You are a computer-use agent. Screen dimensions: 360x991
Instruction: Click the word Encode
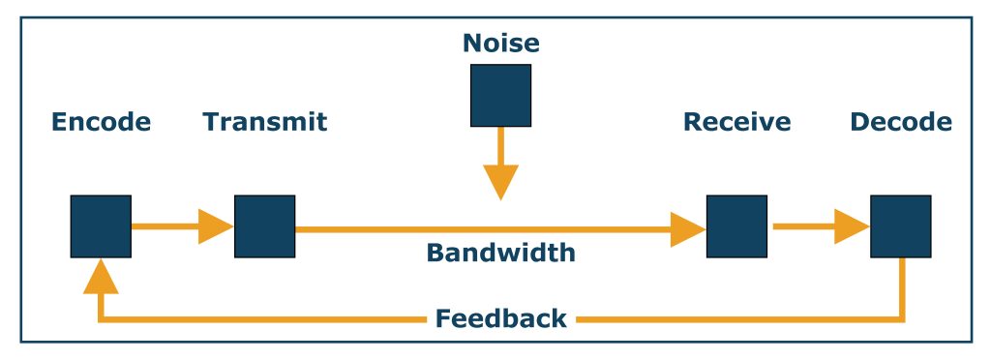click(x=101, y=122)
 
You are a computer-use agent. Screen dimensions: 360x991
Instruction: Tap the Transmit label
click(x=264, y=122)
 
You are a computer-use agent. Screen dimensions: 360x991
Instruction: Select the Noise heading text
click(x=500, y=44)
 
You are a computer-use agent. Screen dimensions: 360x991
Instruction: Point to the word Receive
click(x=736, y=122)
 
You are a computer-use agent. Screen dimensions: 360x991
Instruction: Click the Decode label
click(x=900, y=122)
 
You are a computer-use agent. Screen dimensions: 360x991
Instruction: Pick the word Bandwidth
click(x=500, y=254)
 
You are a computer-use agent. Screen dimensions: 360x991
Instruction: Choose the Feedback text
click(x=500, y=318)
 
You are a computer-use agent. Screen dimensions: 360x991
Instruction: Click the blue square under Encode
click(x=101, y=226)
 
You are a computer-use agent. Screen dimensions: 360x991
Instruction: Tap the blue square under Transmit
click(x=264, y=226)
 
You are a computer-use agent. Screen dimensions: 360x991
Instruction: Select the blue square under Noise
click(x=500, y=95)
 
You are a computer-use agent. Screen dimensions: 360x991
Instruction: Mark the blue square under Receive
click(x=736, y=226)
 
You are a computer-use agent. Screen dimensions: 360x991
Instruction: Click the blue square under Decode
click(x=900, y=226)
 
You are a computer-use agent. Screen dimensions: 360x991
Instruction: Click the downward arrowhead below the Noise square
click(x=500, y=182)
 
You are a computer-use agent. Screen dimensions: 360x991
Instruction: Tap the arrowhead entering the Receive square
click(x=688, y=229)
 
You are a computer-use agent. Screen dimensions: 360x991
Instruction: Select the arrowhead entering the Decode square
click(x=852, y=228)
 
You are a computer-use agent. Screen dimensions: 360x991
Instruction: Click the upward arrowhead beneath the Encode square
click(x=101, y=277)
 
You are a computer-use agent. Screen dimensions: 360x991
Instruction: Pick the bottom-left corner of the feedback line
click(x=102, y=317)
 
